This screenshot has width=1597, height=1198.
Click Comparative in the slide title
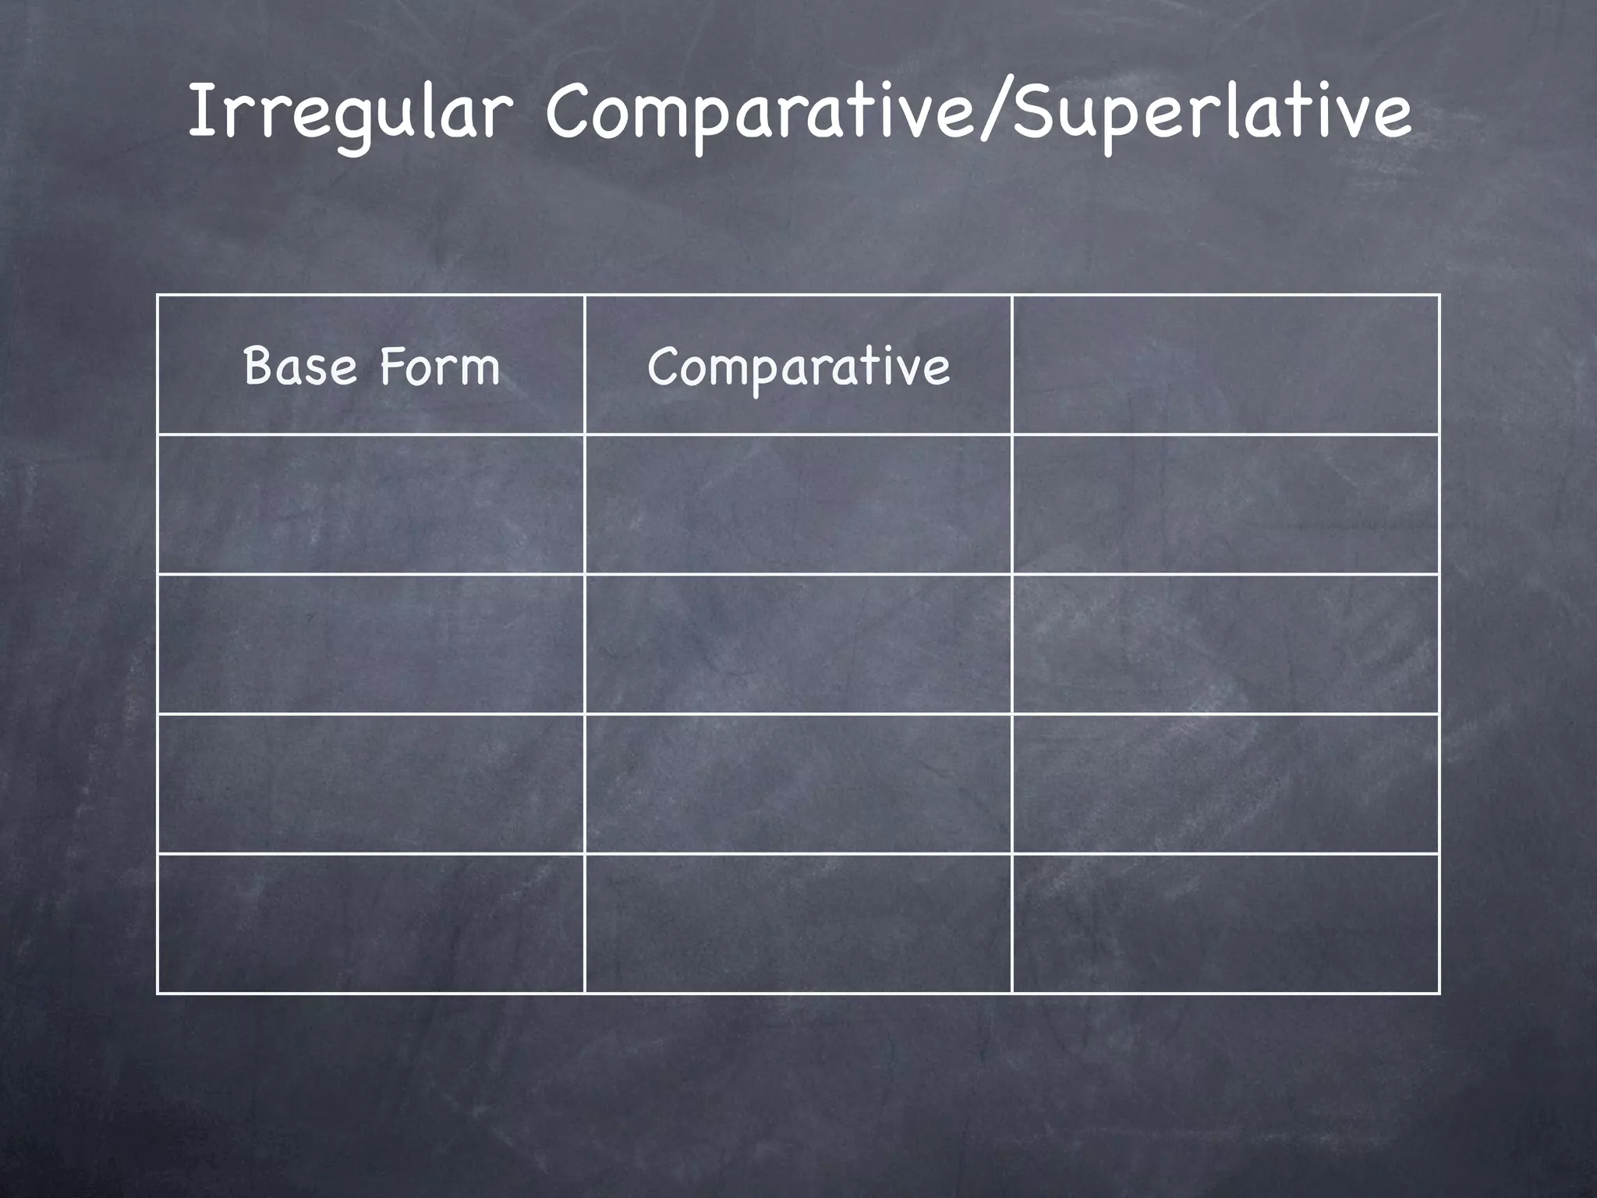(x=760, y=113)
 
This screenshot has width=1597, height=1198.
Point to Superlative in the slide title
(x=1210, y=113)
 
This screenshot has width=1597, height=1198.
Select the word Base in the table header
(x=300, y=366)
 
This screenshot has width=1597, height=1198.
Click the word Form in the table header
(x=440, y=366)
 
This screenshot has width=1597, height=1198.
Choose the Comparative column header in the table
(x=798, y=366)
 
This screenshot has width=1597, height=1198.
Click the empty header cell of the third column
(x=1225, y=365)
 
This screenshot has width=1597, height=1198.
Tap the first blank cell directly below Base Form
(x=371, y=505)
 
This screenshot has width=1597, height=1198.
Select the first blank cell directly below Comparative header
(x=798, y=505)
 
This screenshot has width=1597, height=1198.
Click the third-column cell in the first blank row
(x=1225, y=505)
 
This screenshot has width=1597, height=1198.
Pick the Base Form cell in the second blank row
(x=371, y=644)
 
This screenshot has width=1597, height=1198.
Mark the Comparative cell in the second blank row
(x=798, y=644)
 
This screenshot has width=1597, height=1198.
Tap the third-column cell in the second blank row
(x=1225, y=644)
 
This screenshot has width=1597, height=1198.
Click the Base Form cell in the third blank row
(x=371, y=784)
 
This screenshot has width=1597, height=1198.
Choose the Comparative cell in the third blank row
(x=798, y=784)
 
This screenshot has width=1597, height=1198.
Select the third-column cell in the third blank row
(x=1225, y=784)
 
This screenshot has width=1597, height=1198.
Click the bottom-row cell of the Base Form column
(x=371, y=923)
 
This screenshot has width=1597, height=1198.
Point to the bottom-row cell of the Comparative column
(x=798, y=923)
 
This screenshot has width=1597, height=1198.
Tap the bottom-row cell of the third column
(x=1225, y=923)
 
